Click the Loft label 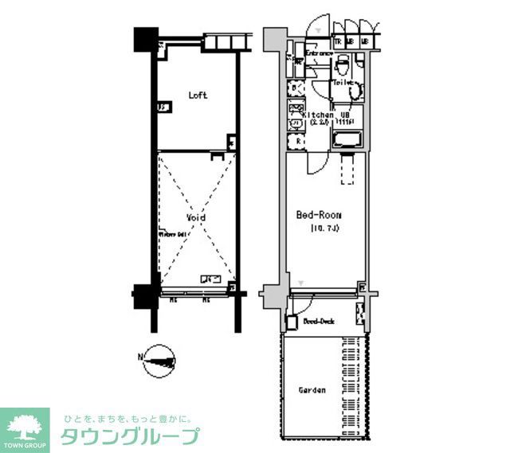[198, 96]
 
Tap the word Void [196, 217]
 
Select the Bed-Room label [319, 215]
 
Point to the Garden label [312, 391]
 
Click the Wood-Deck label [318, 322]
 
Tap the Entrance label [317, 53]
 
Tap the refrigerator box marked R [297, 142]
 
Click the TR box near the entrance [338, 41]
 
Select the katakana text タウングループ [130, 436]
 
